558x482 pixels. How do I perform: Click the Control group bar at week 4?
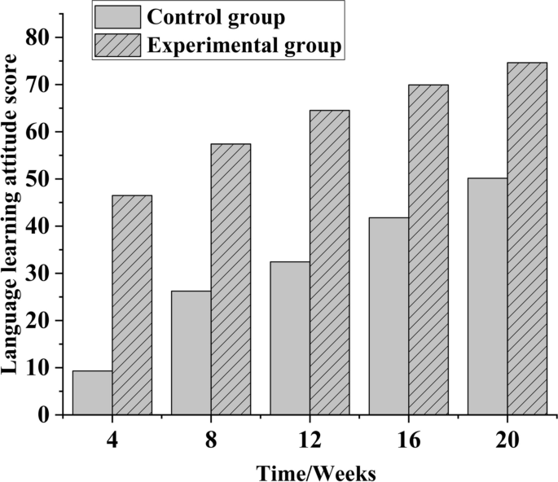click(x=92, y=392)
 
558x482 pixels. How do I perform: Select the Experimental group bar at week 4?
click(x=132, y=305)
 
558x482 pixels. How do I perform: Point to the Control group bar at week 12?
click(x=290, y=338)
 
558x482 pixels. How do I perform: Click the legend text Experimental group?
click(x=244, y=46)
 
